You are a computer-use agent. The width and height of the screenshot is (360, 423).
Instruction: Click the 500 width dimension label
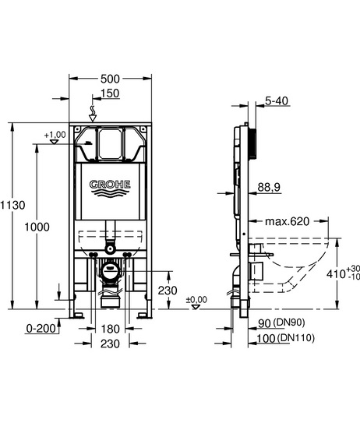[110, 79]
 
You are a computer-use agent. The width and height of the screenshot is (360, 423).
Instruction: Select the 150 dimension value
[110, 93]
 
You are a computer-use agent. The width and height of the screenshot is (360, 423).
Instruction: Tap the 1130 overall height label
[12, 205]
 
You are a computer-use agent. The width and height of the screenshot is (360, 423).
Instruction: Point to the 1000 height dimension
[37, 227]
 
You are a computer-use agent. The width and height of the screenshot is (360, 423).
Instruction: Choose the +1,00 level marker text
[55, 134]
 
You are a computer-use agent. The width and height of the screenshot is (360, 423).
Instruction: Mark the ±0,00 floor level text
[196, 299]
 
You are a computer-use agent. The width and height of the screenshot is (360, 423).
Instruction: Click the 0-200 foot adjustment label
[41, 328]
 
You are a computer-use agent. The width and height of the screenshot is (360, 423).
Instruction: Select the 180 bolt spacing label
[110, 329]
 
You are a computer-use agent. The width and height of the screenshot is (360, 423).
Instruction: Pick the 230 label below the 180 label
[110, 344]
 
